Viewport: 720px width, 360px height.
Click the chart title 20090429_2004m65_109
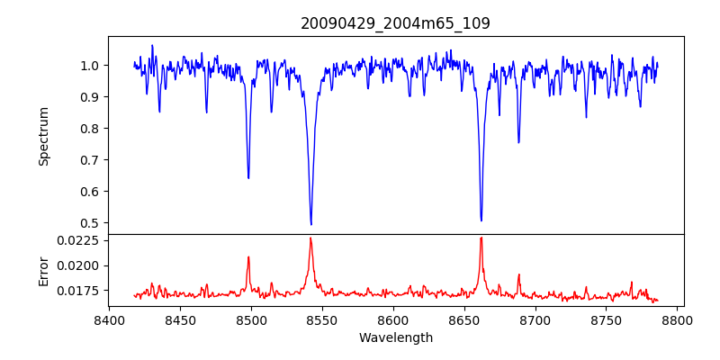(395, 23)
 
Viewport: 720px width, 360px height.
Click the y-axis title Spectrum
(43, 136)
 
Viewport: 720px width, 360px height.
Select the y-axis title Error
(43, 271)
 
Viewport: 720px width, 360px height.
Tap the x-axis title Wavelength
(395, 338)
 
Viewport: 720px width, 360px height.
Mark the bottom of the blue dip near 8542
(310, 224)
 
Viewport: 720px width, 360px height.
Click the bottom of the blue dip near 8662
(481, 220)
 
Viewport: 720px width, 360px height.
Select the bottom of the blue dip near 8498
(248, 178)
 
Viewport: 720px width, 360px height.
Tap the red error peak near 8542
(310, 238)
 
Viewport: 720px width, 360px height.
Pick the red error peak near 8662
(481, 238)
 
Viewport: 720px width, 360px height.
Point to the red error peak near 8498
(248, 257)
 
